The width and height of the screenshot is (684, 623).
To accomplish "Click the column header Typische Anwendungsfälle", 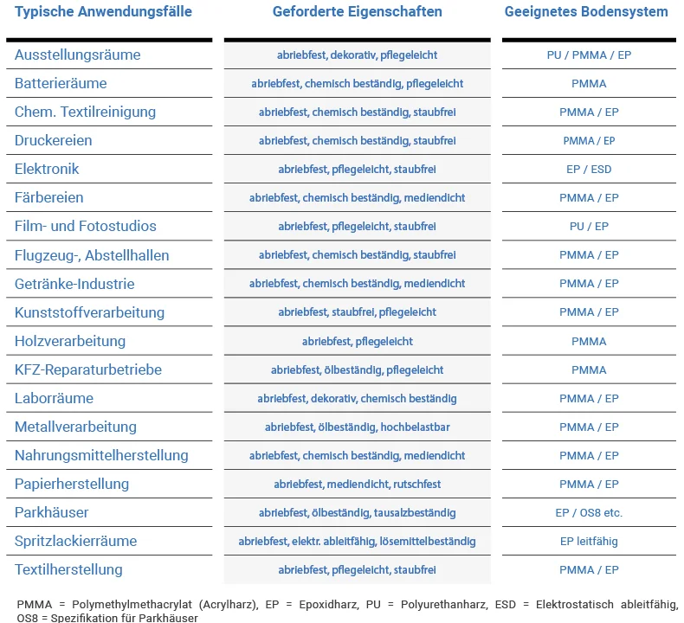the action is click(103, 12).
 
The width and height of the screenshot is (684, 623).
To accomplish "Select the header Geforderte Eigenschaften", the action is click(358, 12).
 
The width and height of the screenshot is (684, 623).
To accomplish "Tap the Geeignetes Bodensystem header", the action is click(586, 12).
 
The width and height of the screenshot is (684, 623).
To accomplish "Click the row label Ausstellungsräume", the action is click(78, 55).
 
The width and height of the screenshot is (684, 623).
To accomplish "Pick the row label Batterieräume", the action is click(61, 83).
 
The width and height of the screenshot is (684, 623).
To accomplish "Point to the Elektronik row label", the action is click(47, 169).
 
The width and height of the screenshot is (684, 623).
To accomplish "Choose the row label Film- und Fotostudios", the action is click(86, 226).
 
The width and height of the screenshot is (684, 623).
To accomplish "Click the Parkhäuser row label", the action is click(51, 512).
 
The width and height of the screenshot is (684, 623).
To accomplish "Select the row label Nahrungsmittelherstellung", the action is click(101, 455).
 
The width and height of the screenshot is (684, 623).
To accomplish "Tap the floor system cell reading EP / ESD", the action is click(589, 169).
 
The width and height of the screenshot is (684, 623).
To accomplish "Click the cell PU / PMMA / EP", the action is click(589, 55).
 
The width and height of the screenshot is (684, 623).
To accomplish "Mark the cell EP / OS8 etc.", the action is click(589, 513).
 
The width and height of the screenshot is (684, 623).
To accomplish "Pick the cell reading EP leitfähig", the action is click(589, 542).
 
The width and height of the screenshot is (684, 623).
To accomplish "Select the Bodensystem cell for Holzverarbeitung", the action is click(589, 342).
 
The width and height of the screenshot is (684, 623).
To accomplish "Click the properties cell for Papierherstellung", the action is click(358, 485).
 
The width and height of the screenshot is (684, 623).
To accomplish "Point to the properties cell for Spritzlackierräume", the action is click(358, 542).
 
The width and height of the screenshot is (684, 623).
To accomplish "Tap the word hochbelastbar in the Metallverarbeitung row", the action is click(415, 427).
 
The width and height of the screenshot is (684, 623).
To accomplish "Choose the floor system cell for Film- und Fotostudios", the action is click(589, 226).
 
